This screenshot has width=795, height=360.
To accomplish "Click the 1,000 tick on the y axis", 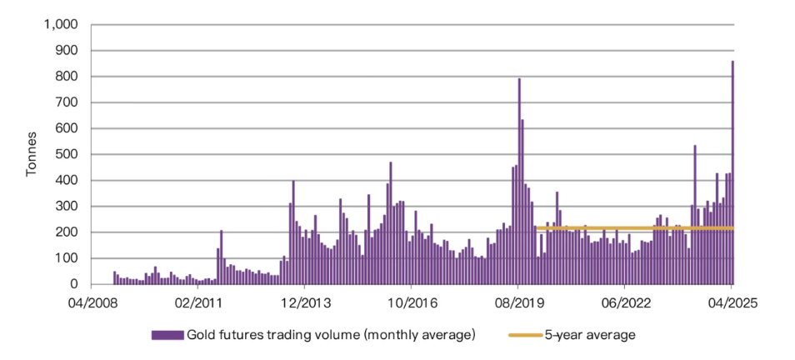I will [x=61, y=25].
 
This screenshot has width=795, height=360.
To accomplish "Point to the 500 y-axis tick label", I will [x=66, y=155].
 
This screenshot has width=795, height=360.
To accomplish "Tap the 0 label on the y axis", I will [x=74, y=285].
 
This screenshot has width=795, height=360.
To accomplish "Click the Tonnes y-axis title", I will [x=32, y=155].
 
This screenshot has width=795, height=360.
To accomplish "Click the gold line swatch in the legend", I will [x=524, y=335].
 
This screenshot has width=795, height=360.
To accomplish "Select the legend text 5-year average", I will [x=590, y=335].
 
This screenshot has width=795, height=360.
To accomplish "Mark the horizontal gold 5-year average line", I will [x=633, y=227].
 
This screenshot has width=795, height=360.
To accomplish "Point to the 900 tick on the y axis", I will [x=66, y=51].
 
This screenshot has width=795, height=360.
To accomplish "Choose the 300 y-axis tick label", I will [x=66, y=207].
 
